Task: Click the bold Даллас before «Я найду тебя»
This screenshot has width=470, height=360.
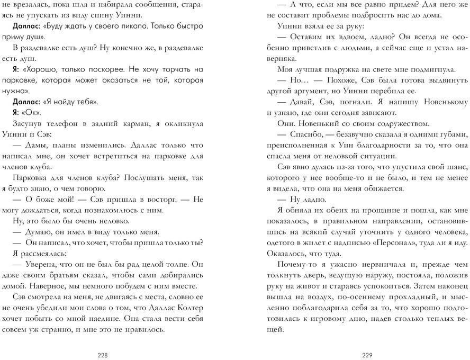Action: click(x=25, y=102)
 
